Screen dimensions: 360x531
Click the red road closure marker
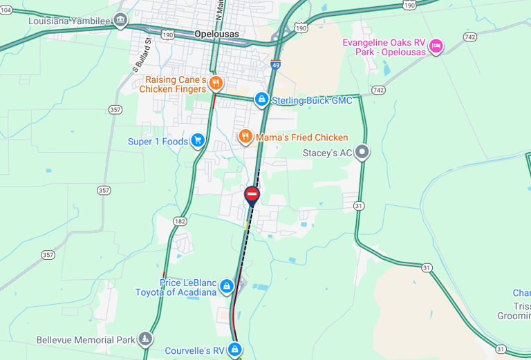coord(252,194)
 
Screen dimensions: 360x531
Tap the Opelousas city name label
coord(216,34)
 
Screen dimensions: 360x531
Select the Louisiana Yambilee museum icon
coord(121,19)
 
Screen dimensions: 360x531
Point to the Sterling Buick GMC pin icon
coord(261,100)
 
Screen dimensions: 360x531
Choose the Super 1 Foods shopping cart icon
coord(198,141)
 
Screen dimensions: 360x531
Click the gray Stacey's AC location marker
coord(362,153)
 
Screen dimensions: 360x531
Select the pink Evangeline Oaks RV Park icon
coord(436,46)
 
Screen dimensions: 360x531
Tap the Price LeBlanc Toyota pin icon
coord(226,287)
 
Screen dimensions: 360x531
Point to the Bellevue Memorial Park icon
coord(145,339)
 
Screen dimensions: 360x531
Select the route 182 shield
coord(180,221)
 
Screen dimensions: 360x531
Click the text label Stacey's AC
coord(328,153)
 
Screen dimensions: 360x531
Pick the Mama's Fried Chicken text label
coord(302,138)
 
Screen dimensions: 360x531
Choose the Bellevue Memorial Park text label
coord(86,340)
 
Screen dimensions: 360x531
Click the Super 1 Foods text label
coord(158,142)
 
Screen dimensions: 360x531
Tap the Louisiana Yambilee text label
coord(69,21)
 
